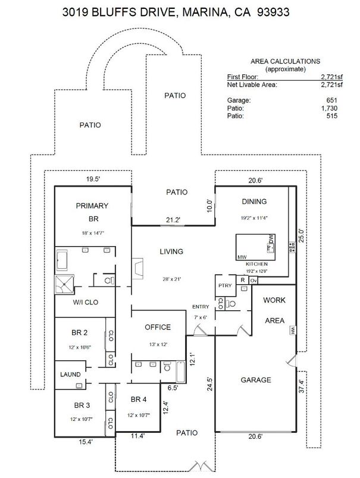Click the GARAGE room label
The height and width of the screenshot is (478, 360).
pyautogui.click(x=255, y=380)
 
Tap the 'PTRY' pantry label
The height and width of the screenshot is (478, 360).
pyautogui.click(x=224, y=286)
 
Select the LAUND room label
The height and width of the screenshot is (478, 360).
pyautogui.click(x=70, y=375)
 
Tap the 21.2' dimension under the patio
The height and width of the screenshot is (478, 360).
pyautogui.click(x=173, y=221)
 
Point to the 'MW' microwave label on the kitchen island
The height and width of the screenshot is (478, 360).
pyautogui.click(x=242, y=257)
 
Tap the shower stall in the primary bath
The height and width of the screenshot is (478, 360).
pyautogui.click(x=64, y=285)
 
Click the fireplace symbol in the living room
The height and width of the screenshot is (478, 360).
pyautogui.click(x=137, y=268)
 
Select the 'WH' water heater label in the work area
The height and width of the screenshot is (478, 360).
pyautogui.click(x=293, y=331)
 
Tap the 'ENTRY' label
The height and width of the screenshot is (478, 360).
pyautogui.click(x=200, y=306)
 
